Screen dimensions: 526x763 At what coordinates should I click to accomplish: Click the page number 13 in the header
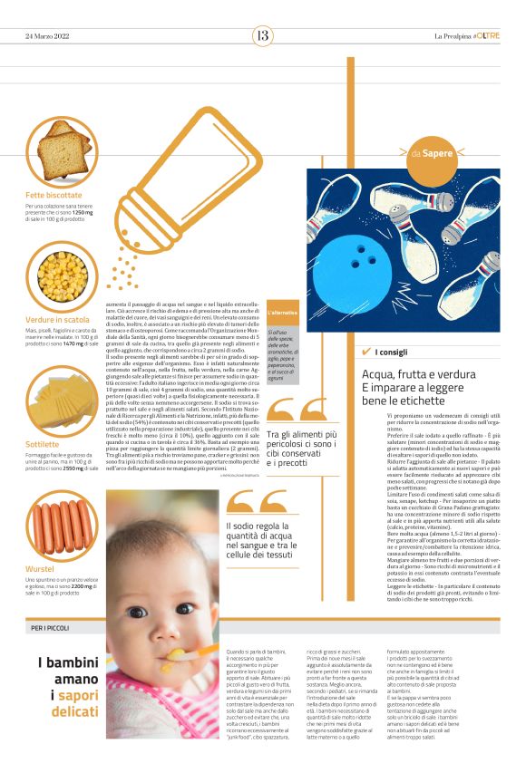(x=263, y=35)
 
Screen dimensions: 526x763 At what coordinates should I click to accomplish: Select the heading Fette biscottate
(x=54, y=194)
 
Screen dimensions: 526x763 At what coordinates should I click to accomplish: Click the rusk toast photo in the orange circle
(x=62, y=149)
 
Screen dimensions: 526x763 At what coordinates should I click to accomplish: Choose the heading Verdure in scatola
(x=57, y=320)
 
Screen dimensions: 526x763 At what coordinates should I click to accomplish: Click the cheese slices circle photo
(x=62, y=400)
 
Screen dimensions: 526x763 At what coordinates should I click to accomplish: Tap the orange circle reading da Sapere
(x=431, y=153)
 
